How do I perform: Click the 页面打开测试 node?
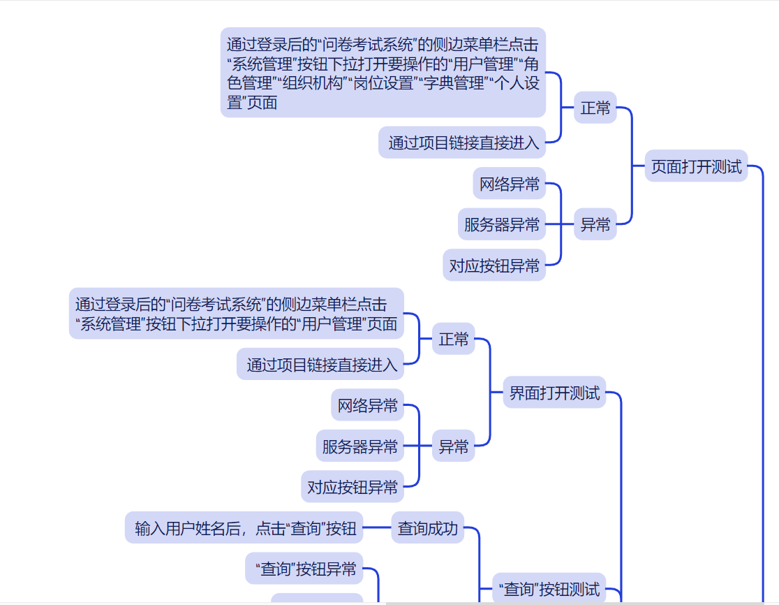pyautogui.click(x=696, y=167)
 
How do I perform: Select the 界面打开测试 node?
pyautogui.click(x=554, y=393)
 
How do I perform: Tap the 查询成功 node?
pyautogui.click(x=428, y=528)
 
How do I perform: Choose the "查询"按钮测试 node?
pyautogui.click(x=549, y=589)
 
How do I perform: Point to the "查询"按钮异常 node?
pyautogui.click(x=305, y=569)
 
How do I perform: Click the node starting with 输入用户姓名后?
pyautogui.click(x=245, y=528)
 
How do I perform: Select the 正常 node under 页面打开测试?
pyautogui.click(x=595, y=108)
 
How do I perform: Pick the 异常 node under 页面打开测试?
pyautogui.click(x=595, y=224)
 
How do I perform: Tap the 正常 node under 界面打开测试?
pyautogui.click(x=453, y=340)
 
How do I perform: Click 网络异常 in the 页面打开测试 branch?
pyautogui.click(x=509, y=184)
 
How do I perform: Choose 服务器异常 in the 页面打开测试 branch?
pyautogui.click(x=501, y=224)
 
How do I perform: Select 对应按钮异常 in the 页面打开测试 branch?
pyautogui.click(x=494, y=265)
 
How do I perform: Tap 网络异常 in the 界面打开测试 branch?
pyautogui.click(x=367, y=405)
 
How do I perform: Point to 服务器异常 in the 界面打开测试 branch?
pyautogui.click(x=359, y=446)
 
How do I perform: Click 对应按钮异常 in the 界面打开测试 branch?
pyautogui.click(x=353, y=487)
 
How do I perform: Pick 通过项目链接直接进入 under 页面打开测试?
pyautogui.click(x=463, y=143)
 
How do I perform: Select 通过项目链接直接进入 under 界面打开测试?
pyautogui.click(x=321, y=364)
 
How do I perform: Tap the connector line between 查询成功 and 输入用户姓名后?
pyautogui.click(x=377, y=528)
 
